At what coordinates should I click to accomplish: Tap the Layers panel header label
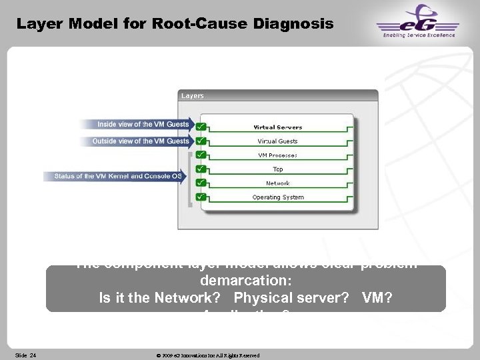[193, 96]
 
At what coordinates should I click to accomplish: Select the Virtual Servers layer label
[278, 127]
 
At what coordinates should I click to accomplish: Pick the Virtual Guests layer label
[278, 141]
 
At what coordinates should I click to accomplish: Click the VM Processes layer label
[278, 155]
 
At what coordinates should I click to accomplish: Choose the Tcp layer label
[278, 169]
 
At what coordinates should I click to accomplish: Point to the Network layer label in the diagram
[278, 183]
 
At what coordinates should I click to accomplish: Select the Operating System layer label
[278, 197]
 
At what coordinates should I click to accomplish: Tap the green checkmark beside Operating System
[201, 197]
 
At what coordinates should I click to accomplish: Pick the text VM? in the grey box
[377, 298]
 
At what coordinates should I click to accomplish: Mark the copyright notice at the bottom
[207, 355]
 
